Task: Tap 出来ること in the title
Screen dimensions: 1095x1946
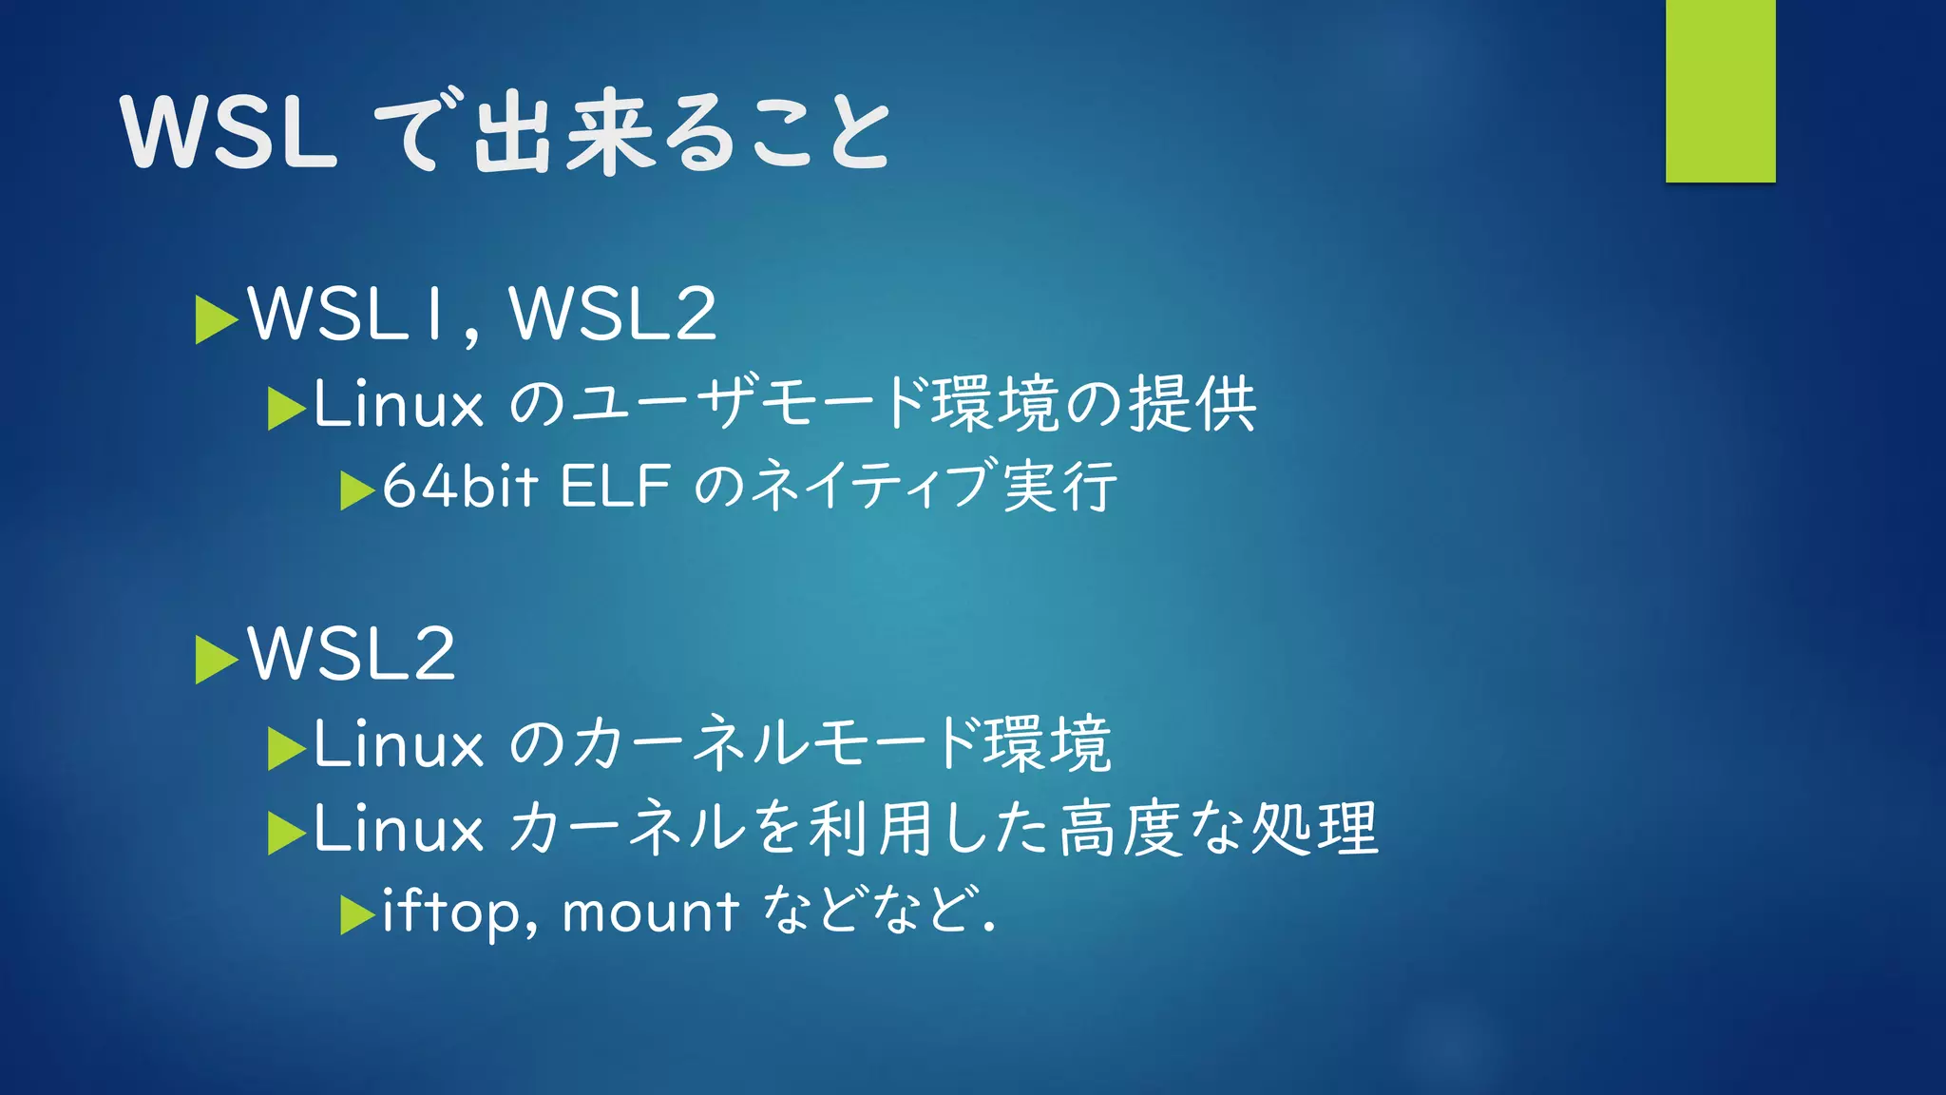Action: tap(680, 133)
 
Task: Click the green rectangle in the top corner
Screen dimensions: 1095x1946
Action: tap(1720, 91)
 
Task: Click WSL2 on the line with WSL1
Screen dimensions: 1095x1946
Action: tap(613, 314)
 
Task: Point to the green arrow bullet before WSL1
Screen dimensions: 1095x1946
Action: tap(216, 319)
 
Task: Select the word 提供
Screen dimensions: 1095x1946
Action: tap(1192, 404)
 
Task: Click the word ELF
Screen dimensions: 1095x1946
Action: tap(616, 487)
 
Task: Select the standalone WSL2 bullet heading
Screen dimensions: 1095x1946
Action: tap(352, 654)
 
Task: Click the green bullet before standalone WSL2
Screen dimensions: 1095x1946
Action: tap(216, 659)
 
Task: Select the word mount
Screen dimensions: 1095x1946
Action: tap(650, 912)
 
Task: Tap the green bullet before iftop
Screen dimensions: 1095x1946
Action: tap(357, 915)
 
